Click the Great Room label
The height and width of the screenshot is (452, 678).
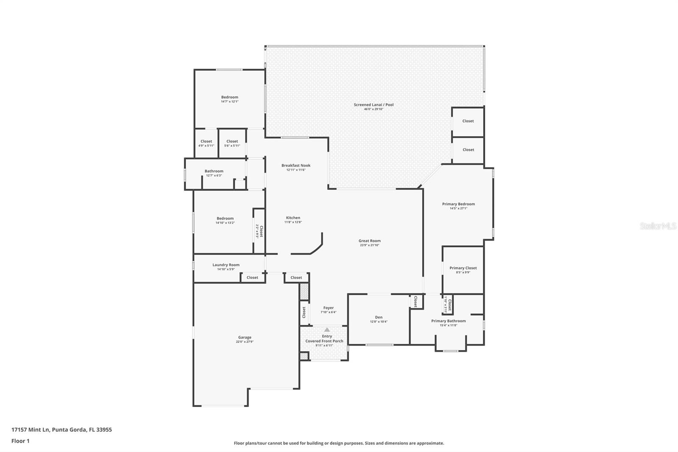(370, 241)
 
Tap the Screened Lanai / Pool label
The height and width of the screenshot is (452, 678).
(374, 105)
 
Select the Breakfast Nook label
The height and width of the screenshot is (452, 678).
(296, 165)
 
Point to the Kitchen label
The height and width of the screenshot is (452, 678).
(293, 218)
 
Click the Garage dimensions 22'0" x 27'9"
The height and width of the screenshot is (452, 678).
(245, 342)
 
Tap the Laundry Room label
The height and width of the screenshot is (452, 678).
(226, 265)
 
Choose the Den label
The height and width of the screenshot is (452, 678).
(378, 317)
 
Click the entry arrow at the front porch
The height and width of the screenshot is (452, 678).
(327, 329)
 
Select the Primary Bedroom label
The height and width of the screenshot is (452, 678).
(458, 204)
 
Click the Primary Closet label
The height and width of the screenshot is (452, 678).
(463, 268)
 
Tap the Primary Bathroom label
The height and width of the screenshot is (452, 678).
(448, 321)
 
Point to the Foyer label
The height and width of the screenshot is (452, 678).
(328, 308)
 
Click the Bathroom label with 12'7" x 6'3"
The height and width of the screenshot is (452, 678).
(214, 171)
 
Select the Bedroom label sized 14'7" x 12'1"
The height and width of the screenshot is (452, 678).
(230, 97)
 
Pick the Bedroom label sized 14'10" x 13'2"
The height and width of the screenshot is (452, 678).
(225, 218)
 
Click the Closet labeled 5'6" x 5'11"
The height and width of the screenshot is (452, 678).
(232, 141)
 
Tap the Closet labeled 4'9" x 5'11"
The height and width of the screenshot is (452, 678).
(206, 141)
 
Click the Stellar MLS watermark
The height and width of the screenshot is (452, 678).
(658, 226)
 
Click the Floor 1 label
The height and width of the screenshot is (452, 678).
(20, 441)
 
